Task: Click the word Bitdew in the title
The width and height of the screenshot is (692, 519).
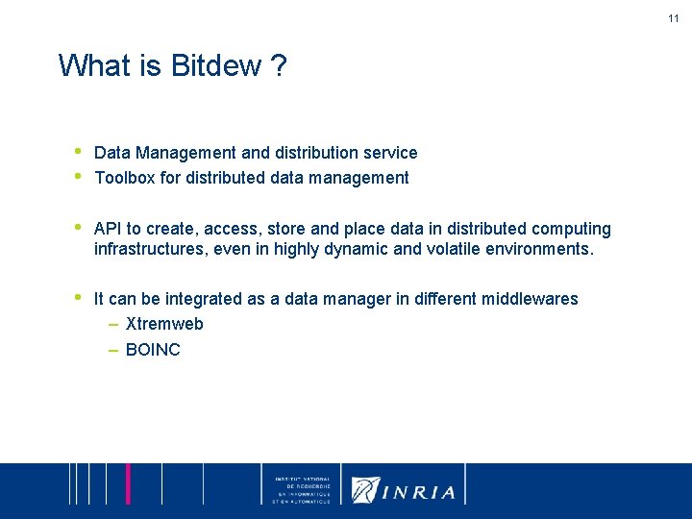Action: (216, 66)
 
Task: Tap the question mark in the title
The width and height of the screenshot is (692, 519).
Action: (278, 66)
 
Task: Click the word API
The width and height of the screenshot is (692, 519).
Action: (109, 229)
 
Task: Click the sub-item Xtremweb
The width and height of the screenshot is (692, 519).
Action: (164, 324)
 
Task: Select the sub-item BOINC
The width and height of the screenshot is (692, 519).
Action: (153, 350)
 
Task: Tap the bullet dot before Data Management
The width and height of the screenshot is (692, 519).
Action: (76, 152)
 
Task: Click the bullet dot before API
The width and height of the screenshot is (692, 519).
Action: (76, 228)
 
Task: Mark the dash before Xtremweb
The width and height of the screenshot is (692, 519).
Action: (113, 324)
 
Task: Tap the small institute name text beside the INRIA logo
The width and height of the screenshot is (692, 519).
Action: (302, 490)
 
